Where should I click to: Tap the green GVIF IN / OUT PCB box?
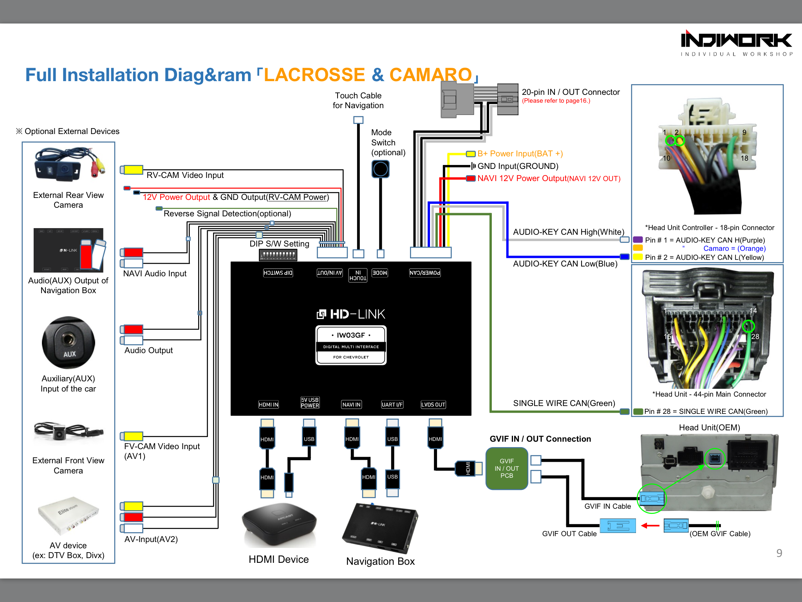coord(507,468)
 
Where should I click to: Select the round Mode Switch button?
coord(380,169)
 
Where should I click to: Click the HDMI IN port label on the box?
coord(269,404)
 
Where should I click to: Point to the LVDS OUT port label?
coord(433,404)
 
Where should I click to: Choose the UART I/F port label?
coord(392,404)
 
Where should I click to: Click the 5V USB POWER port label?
coord(310,403)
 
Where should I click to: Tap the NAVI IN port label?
coord(351,404)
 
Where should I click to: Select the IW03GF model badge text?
coord(351,335)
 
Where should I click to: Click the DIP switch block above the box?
coord(278,255)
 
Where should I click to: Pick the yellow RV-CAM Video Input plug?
coord(132,170)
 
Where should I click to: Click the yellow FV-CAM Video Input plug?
coord(132,436)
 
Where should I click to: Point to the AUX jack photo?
coord(69,343)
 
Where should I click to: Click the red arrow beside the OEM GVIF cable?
coord(650,526)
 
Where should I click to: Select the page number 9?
coord(779,553)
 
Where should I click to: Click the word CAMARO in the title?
coord(431,74)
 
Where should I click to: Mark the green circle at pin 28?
coord(748,326)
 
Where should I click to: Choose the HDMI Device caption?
coord(278,559)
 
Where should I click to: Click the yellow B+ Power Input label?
coord(520,154)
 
